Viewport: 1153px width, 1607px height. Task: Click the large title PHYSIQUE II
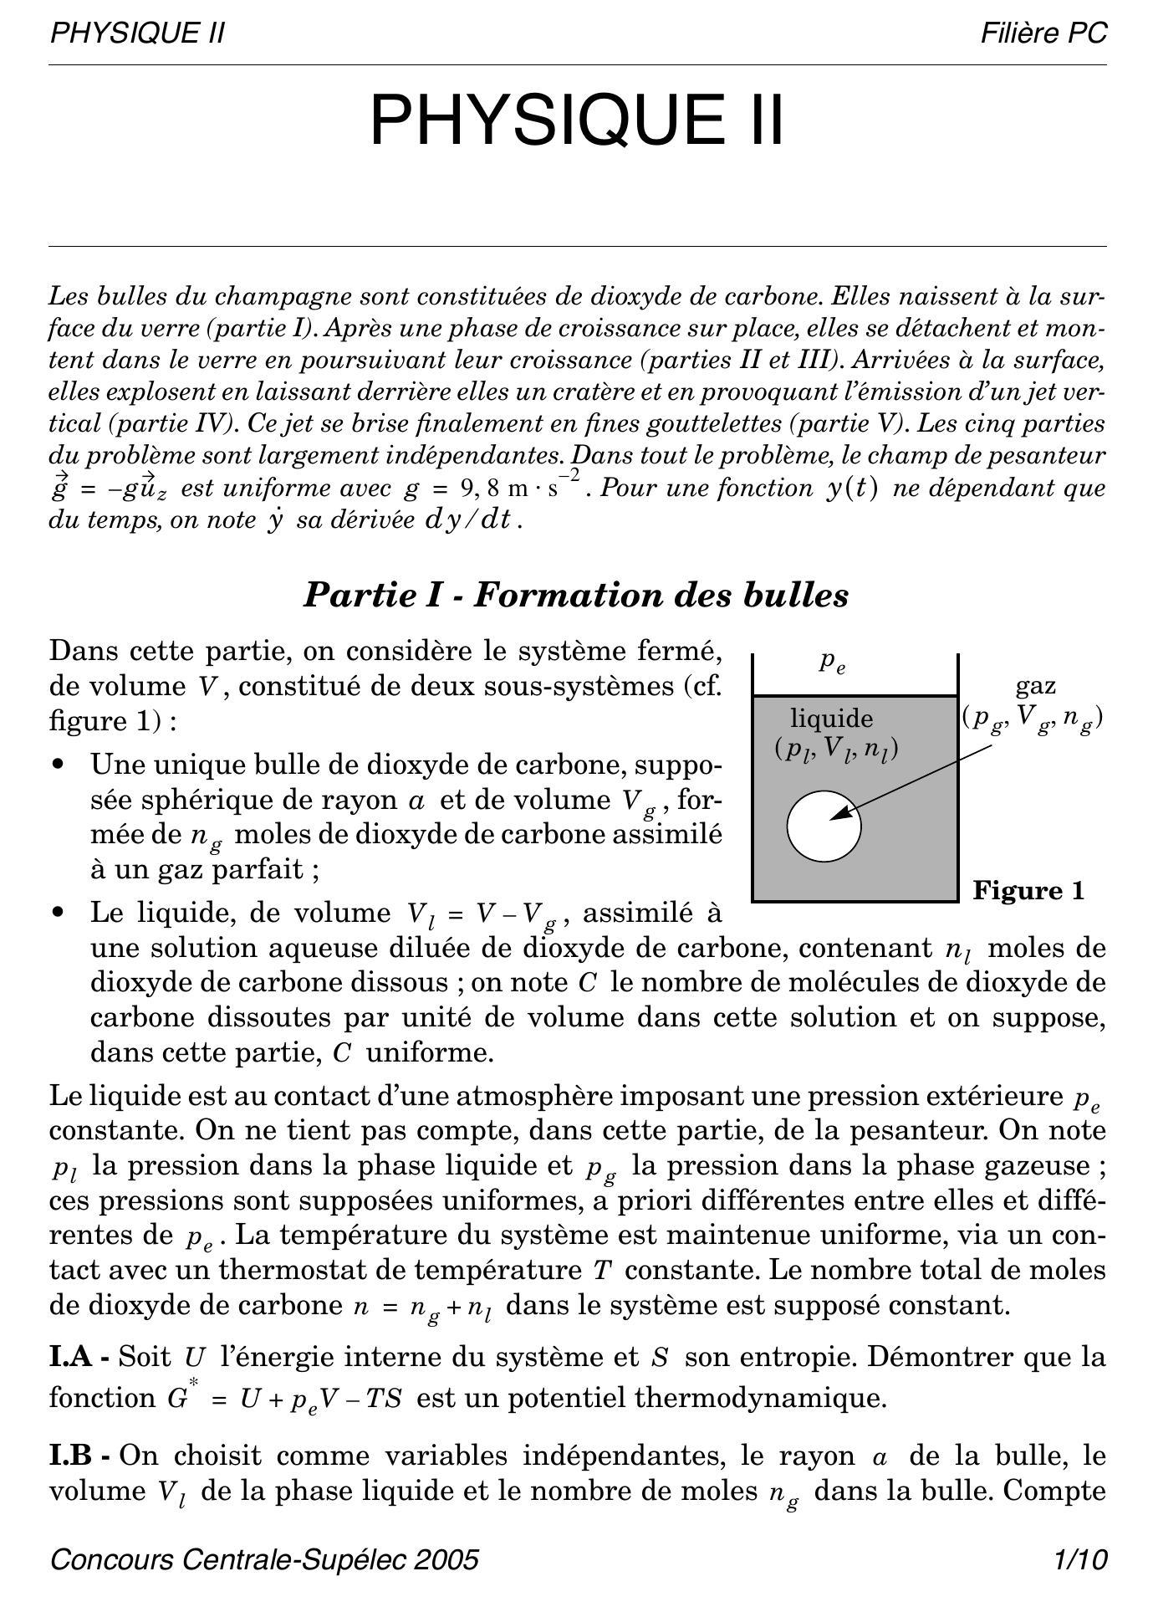click(x=577, y=120)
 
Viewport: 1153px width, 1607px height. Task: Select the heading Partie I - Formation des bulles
click(x=575, y=596)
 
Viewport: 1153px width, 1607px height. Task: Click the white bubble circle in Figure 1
click(x=824, y=826)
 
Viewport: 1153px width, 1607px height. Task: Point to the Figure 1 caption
click(x=1028, y=890)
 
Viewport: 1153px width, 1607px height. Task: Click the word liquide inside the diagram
click(x=832, y=719)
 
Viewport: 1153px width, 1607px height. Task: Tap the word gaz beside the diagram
click(x=1035, y=687)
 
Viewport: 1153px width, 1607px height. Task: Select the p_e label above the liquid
click(x=832, y=663)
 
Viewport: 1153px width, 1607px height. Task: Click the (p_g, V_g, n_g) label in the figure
click(x=1033, y=719)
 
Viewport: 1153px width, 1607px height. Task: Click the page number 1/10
click(x=1080, y=1560)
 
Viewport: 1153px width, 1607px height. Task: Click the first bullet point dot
click(x=58, y=765)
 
